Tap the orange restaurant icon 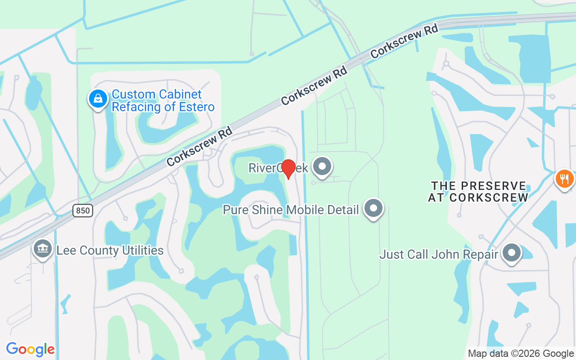point(564,179)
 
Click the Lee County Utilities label point(110,250)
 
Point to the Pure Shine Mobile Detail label point(291,210)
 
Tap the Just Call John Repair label point(438,254)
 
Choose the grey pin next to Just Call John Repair point(511,253)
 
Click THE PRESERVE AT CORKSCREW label point(478,192)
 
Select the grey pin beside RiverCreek point(322,167)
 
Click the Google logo point(30,349)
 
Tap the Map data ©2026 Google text point(521,354)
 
